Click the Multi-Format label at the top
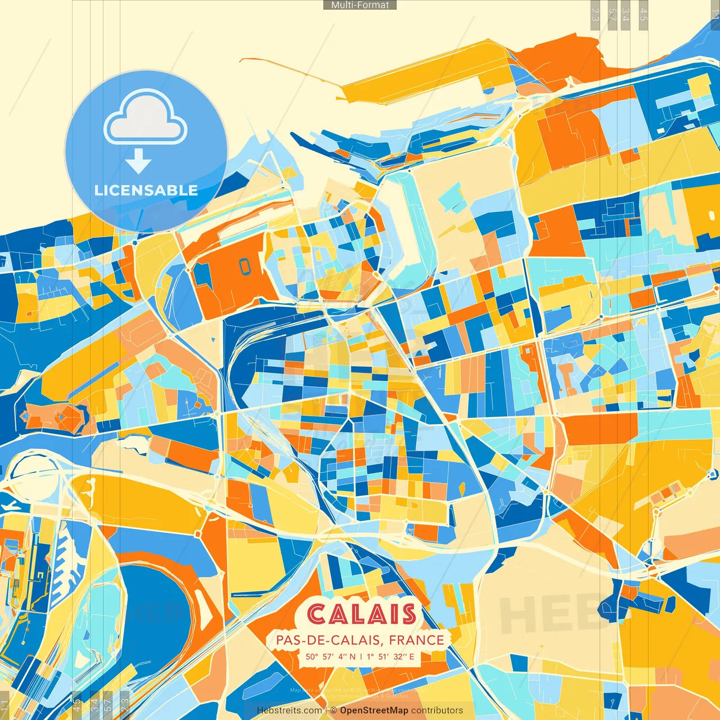point(360,5)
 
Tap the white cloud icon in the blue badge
point(146,119)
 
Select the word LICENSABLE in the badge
point(146,190)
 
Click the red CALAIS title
point(362,614)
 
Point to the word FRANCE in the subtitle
point(416,640)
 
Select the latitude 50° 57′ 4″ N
point(331,656)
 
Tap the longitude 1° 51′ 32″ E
point(390,656)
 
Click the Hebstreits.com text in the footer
point(289,710)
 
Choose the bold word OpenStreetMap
point(373,710)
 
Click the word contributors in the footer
point(437,710)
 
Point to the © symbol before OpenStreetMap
point(334,710)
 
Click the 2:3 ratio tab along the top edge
point(596,15)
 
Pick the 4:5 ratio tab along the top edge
point(643,15)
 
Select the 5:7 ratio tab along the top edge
point(611,15)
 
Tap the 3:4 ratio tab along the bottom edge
point(95,704)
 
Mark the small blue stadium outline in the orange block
point(245,267)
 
